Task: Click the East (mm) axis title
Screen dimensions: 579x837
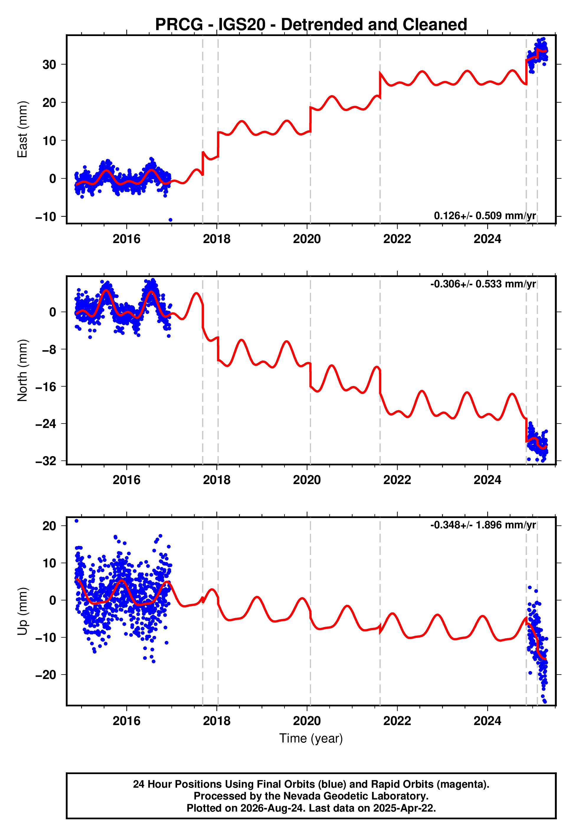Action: [x=22, y=129]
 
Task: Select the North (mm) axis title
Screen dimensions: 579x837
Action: [x=22, y=370]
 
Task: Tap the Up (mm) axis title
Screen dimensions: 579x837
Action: [x=22, y=611]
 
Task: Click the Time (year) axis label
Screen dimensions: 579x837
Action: [x=311, y=738]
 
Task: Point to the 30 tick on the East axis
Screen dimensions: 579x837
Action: [x=49, y=65]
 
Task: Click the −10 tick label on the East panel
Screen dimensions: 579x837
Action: [x=46, y=217]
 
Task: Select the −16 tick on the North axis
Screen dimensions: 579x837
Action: [x=46, y=387]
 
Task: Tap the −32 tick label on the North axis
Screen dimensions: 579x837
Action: [x=46, y=461]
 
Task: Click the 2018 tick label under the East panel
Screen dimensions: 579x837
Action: [x=217, y=239]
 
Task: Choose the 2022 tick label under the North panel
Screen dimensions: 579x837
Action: [x=397, y=480]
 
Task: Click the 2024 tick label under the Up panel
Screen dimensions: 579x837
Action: [x=487, y=721]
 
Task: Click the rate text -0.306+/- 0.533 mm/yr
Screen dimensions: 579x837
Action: [x=483, y=284]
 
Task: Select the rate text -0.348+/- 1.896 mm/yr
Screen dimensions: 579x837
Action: [x=483, y=525]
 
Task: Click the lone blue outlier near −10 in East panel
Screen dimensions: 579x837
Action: [x=171, y=220]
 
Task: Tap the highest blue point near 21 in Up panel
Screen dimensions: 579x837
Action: [x=76, y=521]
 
